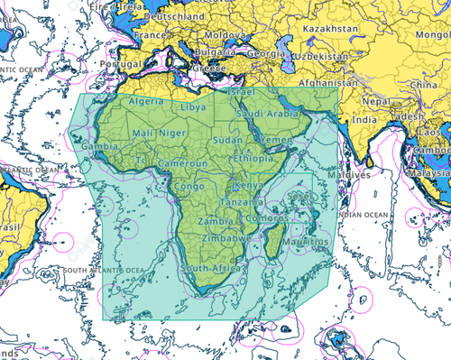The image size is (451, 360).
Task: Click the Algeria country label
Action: pyautogui.click(x=147, y=102)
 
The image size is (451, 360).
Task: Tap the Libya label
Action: pyautogui.click(x=193, y=106)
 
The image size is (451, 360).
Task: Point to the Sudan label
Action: pyautogui.click(x=227, y=141)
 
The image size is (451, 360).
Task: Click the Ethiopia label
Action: pyautogui.click(x=253, y=158)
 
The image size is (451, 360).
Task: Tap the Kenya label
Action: pyautogui.click(x=248, y=185)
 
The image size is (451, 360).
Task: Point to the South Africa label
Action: pyautogui.click(x=210, y=269)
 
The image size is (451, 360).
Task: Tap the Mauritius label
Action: pyautogui.click(x=303, y=242)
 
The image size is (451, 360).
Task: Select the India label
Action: pyautogui.click(x=364, y=120)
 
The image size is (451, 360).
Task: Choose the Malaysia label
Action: pyautogui.click(x=429, y=173)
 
